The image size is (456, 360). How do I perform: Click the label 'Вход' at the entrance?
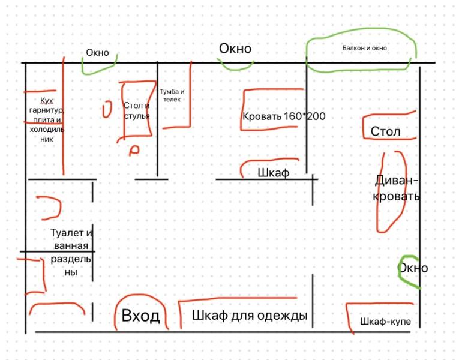point(140,316)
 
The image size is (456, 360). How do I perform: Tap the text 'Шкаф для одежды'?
point(250,316)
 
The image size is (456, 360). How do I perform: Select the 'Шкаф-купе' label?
point(385,322)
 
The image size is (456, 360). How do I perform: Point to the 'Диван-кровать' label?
point(396,188)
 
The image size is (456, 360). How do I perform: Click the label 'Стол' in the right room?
point(385,131)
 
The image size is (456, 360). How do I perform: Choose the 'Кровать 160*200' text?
point(284,116)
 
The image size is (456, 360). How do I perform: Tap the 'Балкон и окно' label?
point(364,48)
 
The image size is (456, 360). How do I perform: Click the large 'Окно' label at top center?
point(235,49)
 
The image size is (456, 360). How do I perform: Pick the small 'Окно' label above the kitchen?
point(97,53)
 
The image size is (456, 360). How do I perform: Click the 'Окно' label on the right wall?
point(414,268)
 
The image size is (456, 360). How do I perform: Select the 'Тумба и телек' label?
point(172,95)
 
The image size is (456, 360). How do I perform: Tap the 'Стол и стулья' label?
point(137,110)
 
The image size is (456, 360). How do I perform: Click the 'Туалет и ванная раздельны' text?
point(71,253)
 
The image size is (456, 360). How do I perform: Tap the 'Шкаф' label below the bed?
point(273,173)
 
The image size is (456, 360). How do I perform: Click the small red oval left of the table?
point(107,109)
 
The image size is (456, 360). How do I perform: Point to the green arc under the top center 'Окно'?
point(235,65)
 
